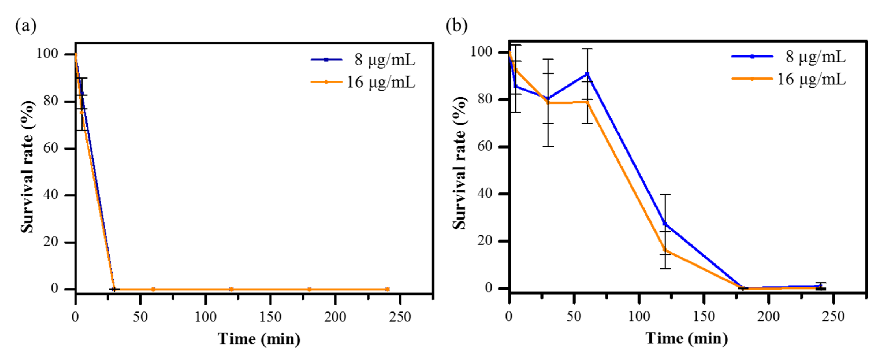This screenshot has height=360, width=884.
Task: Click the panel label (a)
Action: [x=25, y=26]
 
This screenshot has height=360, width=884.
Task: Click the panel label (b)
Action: [x=456, y=26]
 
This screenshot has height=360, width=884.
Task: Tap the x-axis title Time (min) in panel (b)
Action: [x=687, y=338]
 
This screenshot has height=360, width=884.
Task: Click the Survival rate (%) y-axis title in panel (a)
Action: [x=27, y=167]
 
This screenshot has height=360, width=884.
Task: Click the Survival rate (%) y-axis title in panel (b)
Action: [x=459, y=163]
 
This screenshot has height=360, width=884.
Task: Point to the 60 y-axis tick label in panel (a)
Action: [x=51, y=148]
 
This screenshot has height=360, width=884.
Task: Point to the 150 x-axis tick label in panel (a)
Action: [x=270, y=317]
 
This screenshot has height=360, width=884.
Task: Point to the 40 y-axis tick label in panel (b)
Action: [x=485, y=194]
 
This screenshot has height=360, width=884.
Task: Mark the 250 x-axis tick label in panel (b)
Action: [x=833, y=316]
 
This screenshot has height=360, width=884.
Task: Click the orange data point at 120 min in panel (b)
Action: [x=665, y=250]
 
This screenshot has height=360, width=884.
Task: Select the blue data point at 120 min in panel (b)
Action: [x=665, y=224]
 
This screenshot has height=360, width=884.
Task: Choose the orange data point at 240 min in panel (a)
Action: [x=387, y=289]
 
